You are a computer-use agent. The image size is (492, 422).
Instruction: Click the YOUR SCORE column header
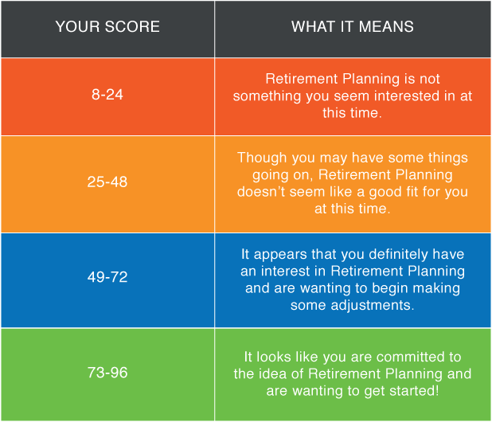tap(107, 26)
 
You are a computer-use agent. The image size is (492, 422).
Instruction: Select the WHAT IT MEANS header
tap(353, 26)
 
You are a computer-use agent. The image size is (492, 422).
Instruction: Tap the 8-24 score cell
tap(107, 95)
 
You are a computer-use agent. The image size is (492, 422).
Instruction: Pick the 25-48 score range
tap(107, 182)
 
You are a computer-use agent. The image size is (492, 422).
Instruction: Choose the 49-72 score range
tap(107, 277)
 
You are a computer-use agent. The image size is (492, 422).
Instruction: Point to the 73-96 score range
tap(107, 373)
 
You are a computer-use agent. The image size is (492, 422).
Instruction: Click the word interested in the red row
tap(407, 96)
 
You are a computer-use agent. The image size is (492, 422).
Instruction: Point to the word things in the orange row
tap(448, 158)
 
